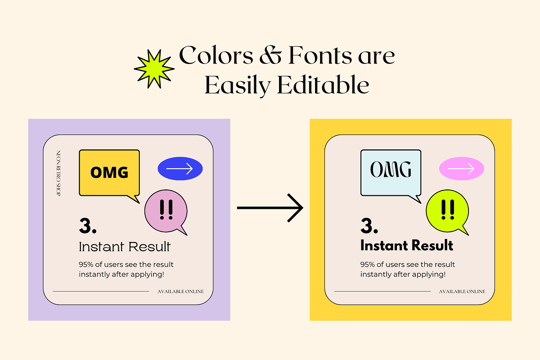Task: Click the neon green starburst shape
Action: point(154,69)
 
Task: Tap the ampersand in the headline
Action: point(270,56)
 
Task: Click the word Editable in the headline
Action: point(323,85)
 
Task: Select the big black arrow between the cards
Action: point(270,207)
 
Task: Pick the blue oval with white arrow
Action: point(180,169)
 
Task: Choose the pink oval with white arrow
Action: point(462,169)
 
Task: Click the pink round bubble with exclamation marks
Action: point(166,211)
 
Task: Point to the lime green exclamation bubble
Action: point(448,211)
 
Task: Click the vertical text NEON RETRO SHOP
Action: point(58,173)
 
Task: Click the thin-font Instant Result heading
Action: point(125,247)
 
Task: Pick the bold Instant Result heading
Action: point(407,245)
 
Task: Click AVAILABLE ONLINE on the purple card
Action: point(180,292)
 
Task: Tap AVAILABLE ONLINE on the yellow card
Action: point(462,292)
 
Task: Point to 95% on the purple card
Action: point(86,265)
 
